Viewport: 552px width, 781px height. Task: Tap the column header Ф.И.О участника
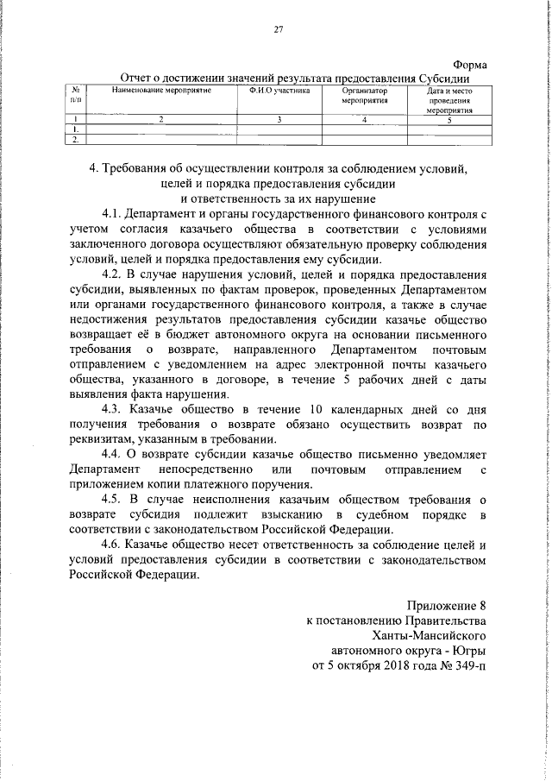click(280, 91)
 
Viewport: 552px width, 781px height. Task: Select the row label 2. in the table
click(77, 138)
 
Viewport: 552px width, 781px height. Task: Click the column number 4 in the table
click(365, 118)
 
